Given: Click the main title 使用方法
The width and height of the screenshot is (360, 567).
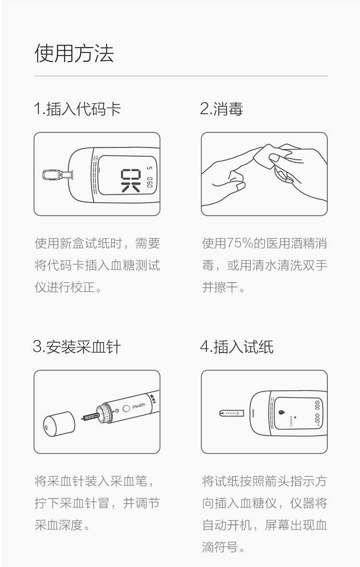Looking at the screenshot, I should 74,53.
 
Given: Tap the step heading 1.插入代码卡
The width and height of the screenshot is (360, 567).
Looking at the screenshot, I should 77,109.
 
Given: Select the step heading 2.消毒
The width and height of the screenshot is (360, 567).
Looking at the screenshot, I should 221,109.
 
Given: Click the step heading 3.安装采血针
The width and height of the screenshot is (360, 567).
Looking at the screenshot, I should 77,346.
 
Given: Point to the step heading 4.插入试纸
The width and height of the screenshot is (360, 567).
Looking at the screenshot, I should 237,346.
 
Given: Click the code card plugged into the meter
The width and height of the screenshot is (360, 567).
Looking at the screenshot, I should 53,175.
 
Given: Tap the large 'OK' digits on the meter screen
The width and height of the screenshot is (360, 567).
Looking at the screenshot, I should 131,179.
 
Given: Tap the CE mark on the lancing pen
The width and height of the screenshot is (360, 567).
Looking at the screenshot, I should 153,397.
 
